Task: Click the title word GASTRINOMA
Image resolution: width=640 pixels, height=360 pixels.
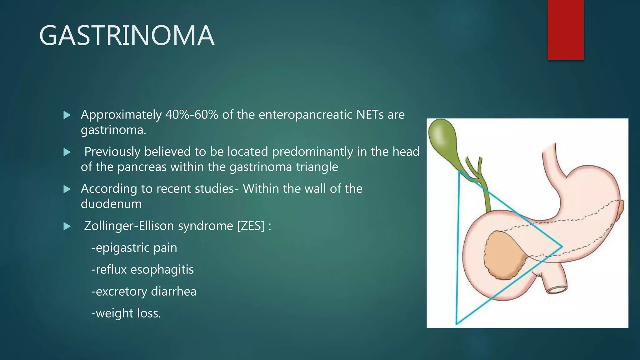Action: [x=127, y=36]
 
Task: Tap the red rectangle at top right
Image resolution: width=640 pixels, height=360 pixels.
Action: [x=566, y=30]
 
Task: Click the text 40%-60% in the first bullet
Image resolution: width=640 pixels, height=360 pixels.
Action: [x=192, y=115]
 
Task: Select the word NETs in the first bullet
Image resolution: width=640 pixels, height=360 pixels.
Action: [x=370, y=115]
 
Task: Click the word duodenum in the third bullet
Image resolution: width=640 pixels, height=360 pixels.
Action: [x=111, y=204]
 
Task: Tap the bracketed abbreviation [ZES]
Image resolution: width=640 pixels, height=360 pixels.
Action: [x=251, y=226]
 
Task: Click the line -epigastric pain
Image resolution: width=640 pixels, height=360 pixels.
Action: [x=134, y=248]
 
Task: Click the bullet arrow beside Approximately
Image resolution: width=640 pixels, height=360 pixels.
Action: [x=67, y=115]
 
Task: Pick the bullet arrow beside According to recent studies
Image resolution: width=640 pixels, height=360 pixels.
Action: [x=67, y=189]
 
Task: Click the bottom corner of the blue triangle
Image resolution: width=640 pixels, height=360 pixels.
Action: [x=457, y=323]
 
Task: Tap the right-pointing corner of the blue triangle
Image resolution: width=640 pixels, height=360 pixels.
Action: [x=562, y=247]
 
